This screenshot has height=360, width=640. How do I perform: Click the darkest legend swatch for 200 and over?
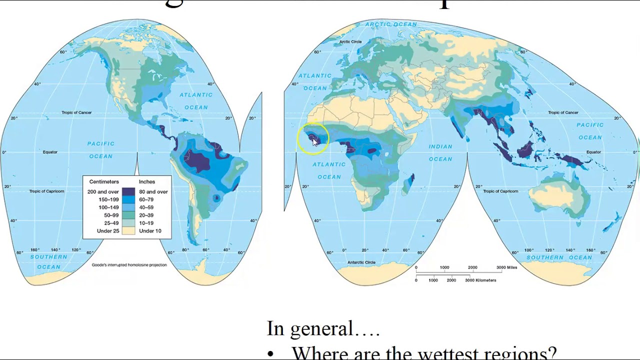coord(128,191)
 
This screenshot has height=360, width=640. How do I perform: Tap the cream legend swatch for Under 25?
coord(128,231)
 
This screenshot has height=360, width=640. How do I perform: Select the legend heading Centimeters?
coord(104,181)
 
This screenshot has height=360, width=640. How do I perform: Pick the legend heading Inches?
coord(147,181)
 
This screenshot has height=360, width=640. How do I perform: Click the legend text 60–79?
coord(146,199)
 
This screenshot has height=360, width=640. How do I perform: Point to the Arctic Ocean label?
coord(391,24)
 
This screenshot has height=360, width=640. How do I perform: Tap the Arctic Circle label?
coord(350,42)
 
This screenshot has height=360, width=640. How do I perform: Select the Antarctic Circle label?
coord(361,262)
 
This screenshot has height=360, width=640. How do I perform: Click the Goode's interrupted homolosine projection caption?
coord(129,265)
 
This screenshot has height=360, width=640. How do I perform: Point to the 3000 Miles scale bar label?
coord(506,267)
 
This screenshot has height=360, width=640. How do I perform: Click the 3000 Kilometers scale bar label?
coord(480,280)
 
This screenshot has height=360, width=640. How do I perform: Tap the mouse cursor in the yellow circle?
coord(314,142)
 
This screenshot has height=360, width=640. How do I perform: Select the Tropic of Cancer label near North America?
coord(76,112)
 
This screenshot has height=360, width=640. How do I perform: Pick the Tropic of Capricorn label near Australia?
coord(500,191)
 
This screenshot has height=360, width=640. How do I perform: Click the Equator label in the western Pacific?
coord(593,152)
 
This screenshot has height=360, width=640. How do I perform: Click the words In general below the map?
coord(310,329)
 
